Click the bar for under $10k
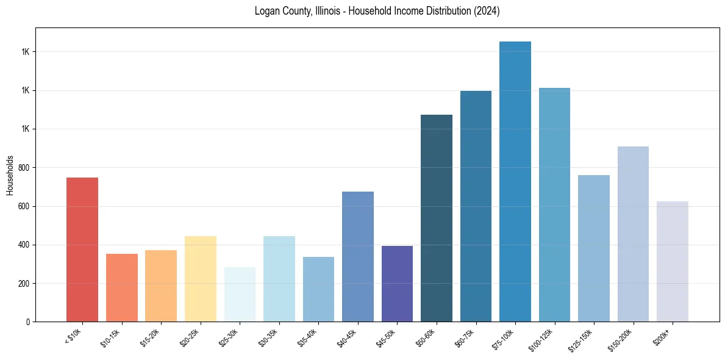point(82,250)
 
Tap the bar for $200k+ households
point(672,262)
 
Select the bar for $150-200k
point(633,234)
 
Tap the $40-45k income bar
point(357,257)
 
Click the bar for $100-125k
point(554,205)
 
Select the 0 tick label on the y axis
point(28,322)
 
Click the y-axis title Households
point(10,175)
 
